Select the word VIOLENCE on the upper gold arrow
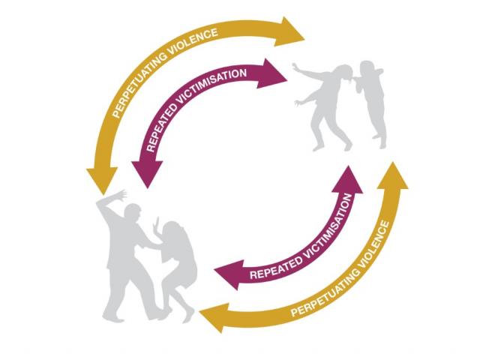pyautogui.click(x=193, y=42)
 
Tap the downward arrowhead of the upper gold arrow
pyautogui.click(x=102, y=180)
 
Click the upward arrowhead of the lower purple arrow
pyautogui.click(x=348, y=180)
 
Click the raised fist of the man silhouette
pyautogui.click(x=123, y=195)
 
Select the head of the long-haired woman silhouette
pyautogui.click(x=171, y=230)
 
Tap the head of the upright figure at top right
pyautogui.click(x=368, y=69)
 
